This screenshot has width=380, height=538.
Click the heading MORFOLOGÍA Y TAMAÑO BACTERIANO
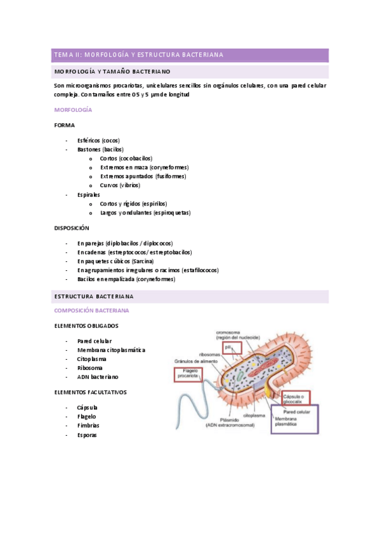coord(112,72)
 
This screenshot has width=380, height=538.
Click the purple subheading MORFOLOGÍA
coord(73,110)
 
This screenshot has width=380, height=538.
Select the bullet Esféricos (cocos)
coord(98,140)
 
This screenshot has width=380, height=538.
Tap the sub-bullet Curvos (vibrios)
coord(120,185)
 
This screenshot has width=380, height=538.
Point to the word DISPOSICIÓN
coord(72,228)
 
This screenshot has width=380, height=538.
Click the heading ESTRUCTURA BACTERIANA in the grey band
coord(94,296)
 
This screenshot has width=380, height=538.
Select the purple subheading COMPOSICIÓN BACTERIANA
coord(91,311)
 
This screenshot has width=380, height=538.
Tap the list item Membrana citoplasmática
coord(111,350)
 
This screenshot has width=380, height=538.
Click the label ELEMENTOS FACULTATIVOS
coord(90,392)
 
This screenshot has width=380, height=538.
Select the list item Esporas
coord(87,435)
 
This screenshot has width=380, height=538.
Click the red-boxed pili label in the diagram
coord(228,348)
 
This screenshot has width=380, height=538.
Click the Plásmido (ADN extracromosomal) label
coord(229,423)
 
